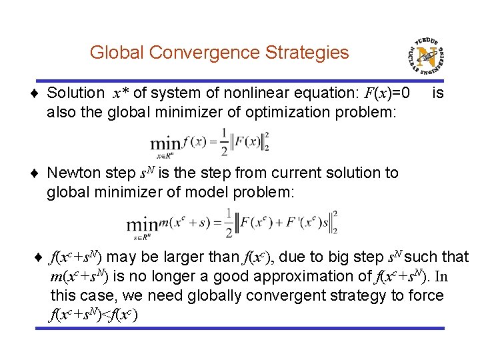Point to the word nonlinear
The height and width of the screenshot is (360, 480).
coord(270,93)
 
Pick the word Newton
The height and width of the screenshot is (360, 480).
coord(76,173)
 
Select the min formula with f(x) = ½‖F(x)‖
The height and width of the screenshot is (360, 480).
coord(209,141)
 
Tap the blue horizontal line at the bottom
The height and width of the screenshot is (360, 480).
coord(240,329)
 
